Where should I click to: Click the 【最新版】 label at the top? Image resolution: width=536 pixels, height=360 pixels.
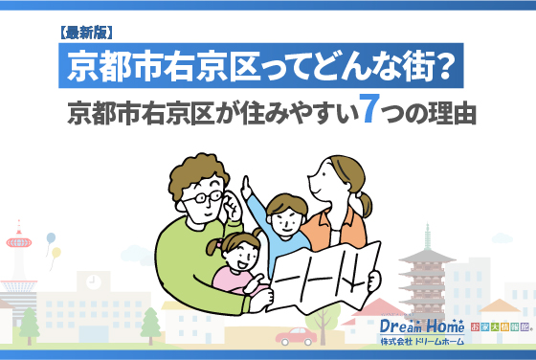click(87, 33)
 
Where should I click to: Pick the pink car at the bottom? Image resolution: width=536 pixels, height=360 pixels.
click(296, 336)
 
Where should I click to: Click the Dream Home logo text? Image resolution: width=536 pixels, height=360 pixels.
click(420, 326)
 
